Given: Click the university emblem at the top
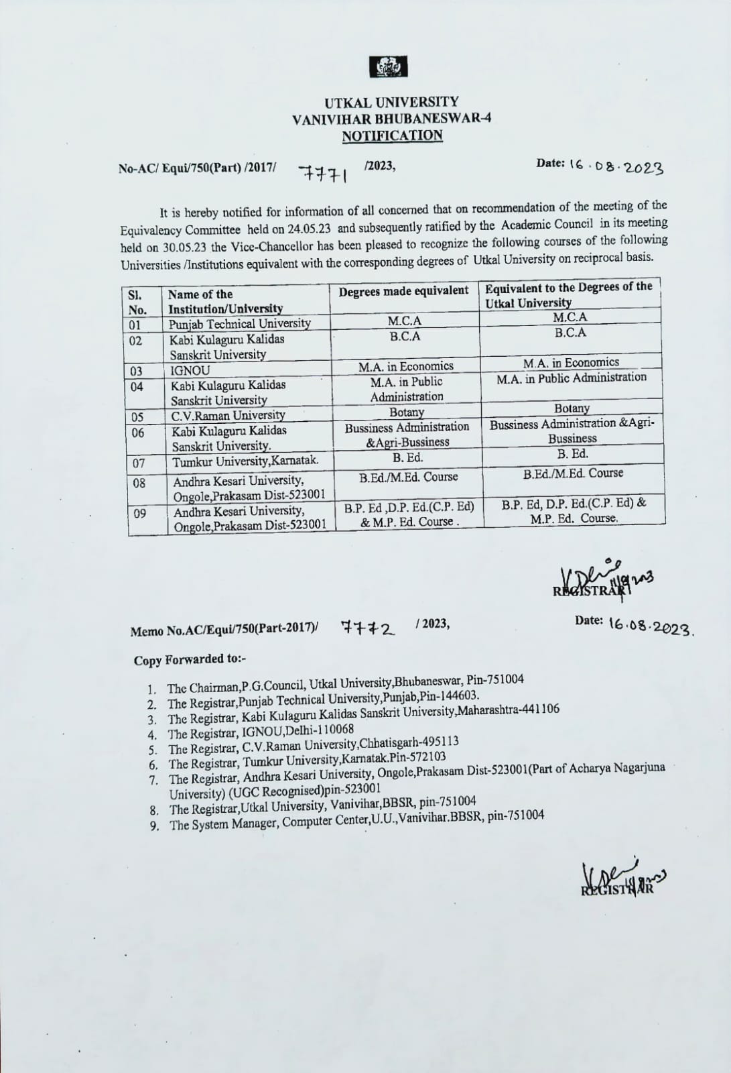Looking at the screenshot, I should pyautogui.click(x=388, y=67).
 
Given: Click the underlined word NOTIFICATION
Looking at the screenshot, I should pyautogui.click(x=392, y=136).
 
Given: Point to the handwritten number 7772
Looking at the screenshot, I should pyautogui.click(x=368, y=628).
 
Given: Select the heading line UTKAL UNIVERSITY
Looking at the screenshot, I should pyautogui.click(x=392, y=103).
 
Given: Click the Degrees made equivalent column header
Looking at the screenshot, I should pyautogui.click(x=403, y=291).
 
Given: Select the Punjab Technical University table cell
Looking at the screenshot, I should pyautogui.click(x=239, y=324).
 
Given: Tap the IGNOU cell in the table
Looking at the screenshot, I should pyautogui.click(x=190, y=370).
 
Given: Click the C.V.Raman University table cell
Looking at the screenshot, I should pyautogui.click(x=228, y=415).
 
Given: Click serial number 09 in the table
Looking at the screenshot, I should pyautogui.click(x=140, y=513).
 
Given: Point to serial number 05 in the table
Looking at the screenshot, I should pyautogui.click(x=137, y=416).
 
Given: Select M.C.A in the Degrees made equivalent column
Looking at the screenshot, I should pyautogui.click(x=405, y=321).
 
